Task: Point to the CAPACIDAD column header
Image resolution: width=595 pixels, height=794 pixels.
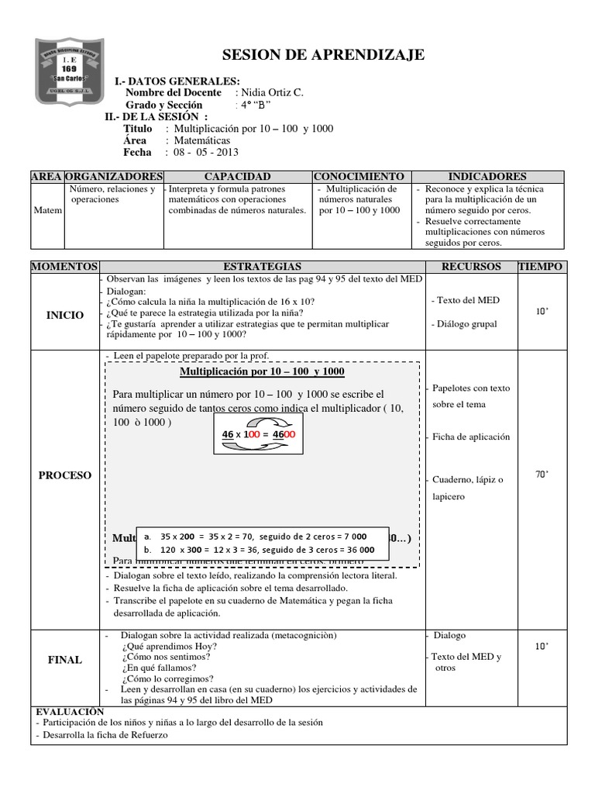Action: pyautogui.click(x=237, y=177)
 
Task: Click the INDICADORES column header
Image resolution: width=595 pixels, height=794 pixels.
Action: pyautogui.click(x=487, y=177)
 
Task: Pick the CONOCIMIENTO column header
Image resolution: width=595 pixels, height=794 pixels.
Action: pyautogui.click(x=359, y=177)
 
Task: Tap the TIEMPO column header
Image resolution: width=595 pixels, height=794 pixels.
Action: pyautogui.click(x=542, y=267)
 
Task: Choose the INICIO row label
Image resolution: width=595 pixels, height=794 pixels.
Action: pyautogui.click(x=65, y=316)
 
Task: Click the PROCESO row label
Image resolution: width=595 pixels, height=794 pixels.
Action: pyautogui.click(x=65, y=475)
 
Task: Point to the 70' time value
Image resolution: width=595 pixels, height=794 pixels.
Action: pyautogui.click(x=542, y=475)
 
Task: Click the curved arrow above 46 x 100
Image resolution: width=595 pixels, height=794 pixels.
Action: pyautogui.click(x=260, y=421)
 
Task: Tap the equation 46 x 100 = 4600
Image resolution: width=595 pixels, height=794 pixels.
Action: pyautogui.click(x=259, y=434)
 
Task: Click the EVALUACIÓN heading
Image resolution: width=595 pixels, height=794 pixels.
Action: pyautogui.click(x=70, y=710)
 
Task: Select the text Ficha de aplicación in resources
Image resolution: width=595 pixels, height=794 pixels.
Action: pyautogui.click(x=471, y=437)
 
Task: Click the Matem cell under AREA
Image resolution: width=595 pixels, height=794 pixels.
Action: pyautogui.click(x=48, y=210)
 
